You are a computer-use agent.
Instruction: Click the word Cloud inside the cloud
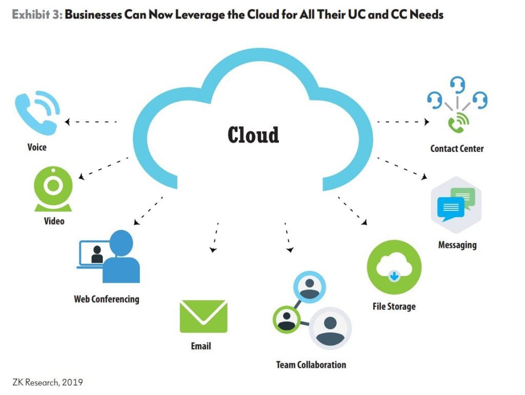[x=253, y=134]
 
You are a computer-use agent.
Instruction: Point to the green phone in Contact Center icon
[x=457, y=122]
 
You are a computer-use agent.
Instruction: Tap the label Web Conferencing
[x=106, y=299]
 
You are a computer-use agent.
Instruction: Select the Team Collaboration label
[x=311, y=365]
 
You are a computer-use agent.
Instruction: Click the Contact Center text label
[x=456, y=149]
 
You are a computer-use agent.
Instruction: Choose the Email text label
[x=200, y=346]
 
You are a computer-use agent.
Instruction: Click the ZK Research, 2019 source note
[x=47, y=382]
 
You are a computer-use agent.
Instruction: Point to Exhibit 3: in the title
[x=36, y=14]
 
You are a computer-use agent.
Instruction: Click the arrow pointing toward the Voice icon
[x=90, y=122]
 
